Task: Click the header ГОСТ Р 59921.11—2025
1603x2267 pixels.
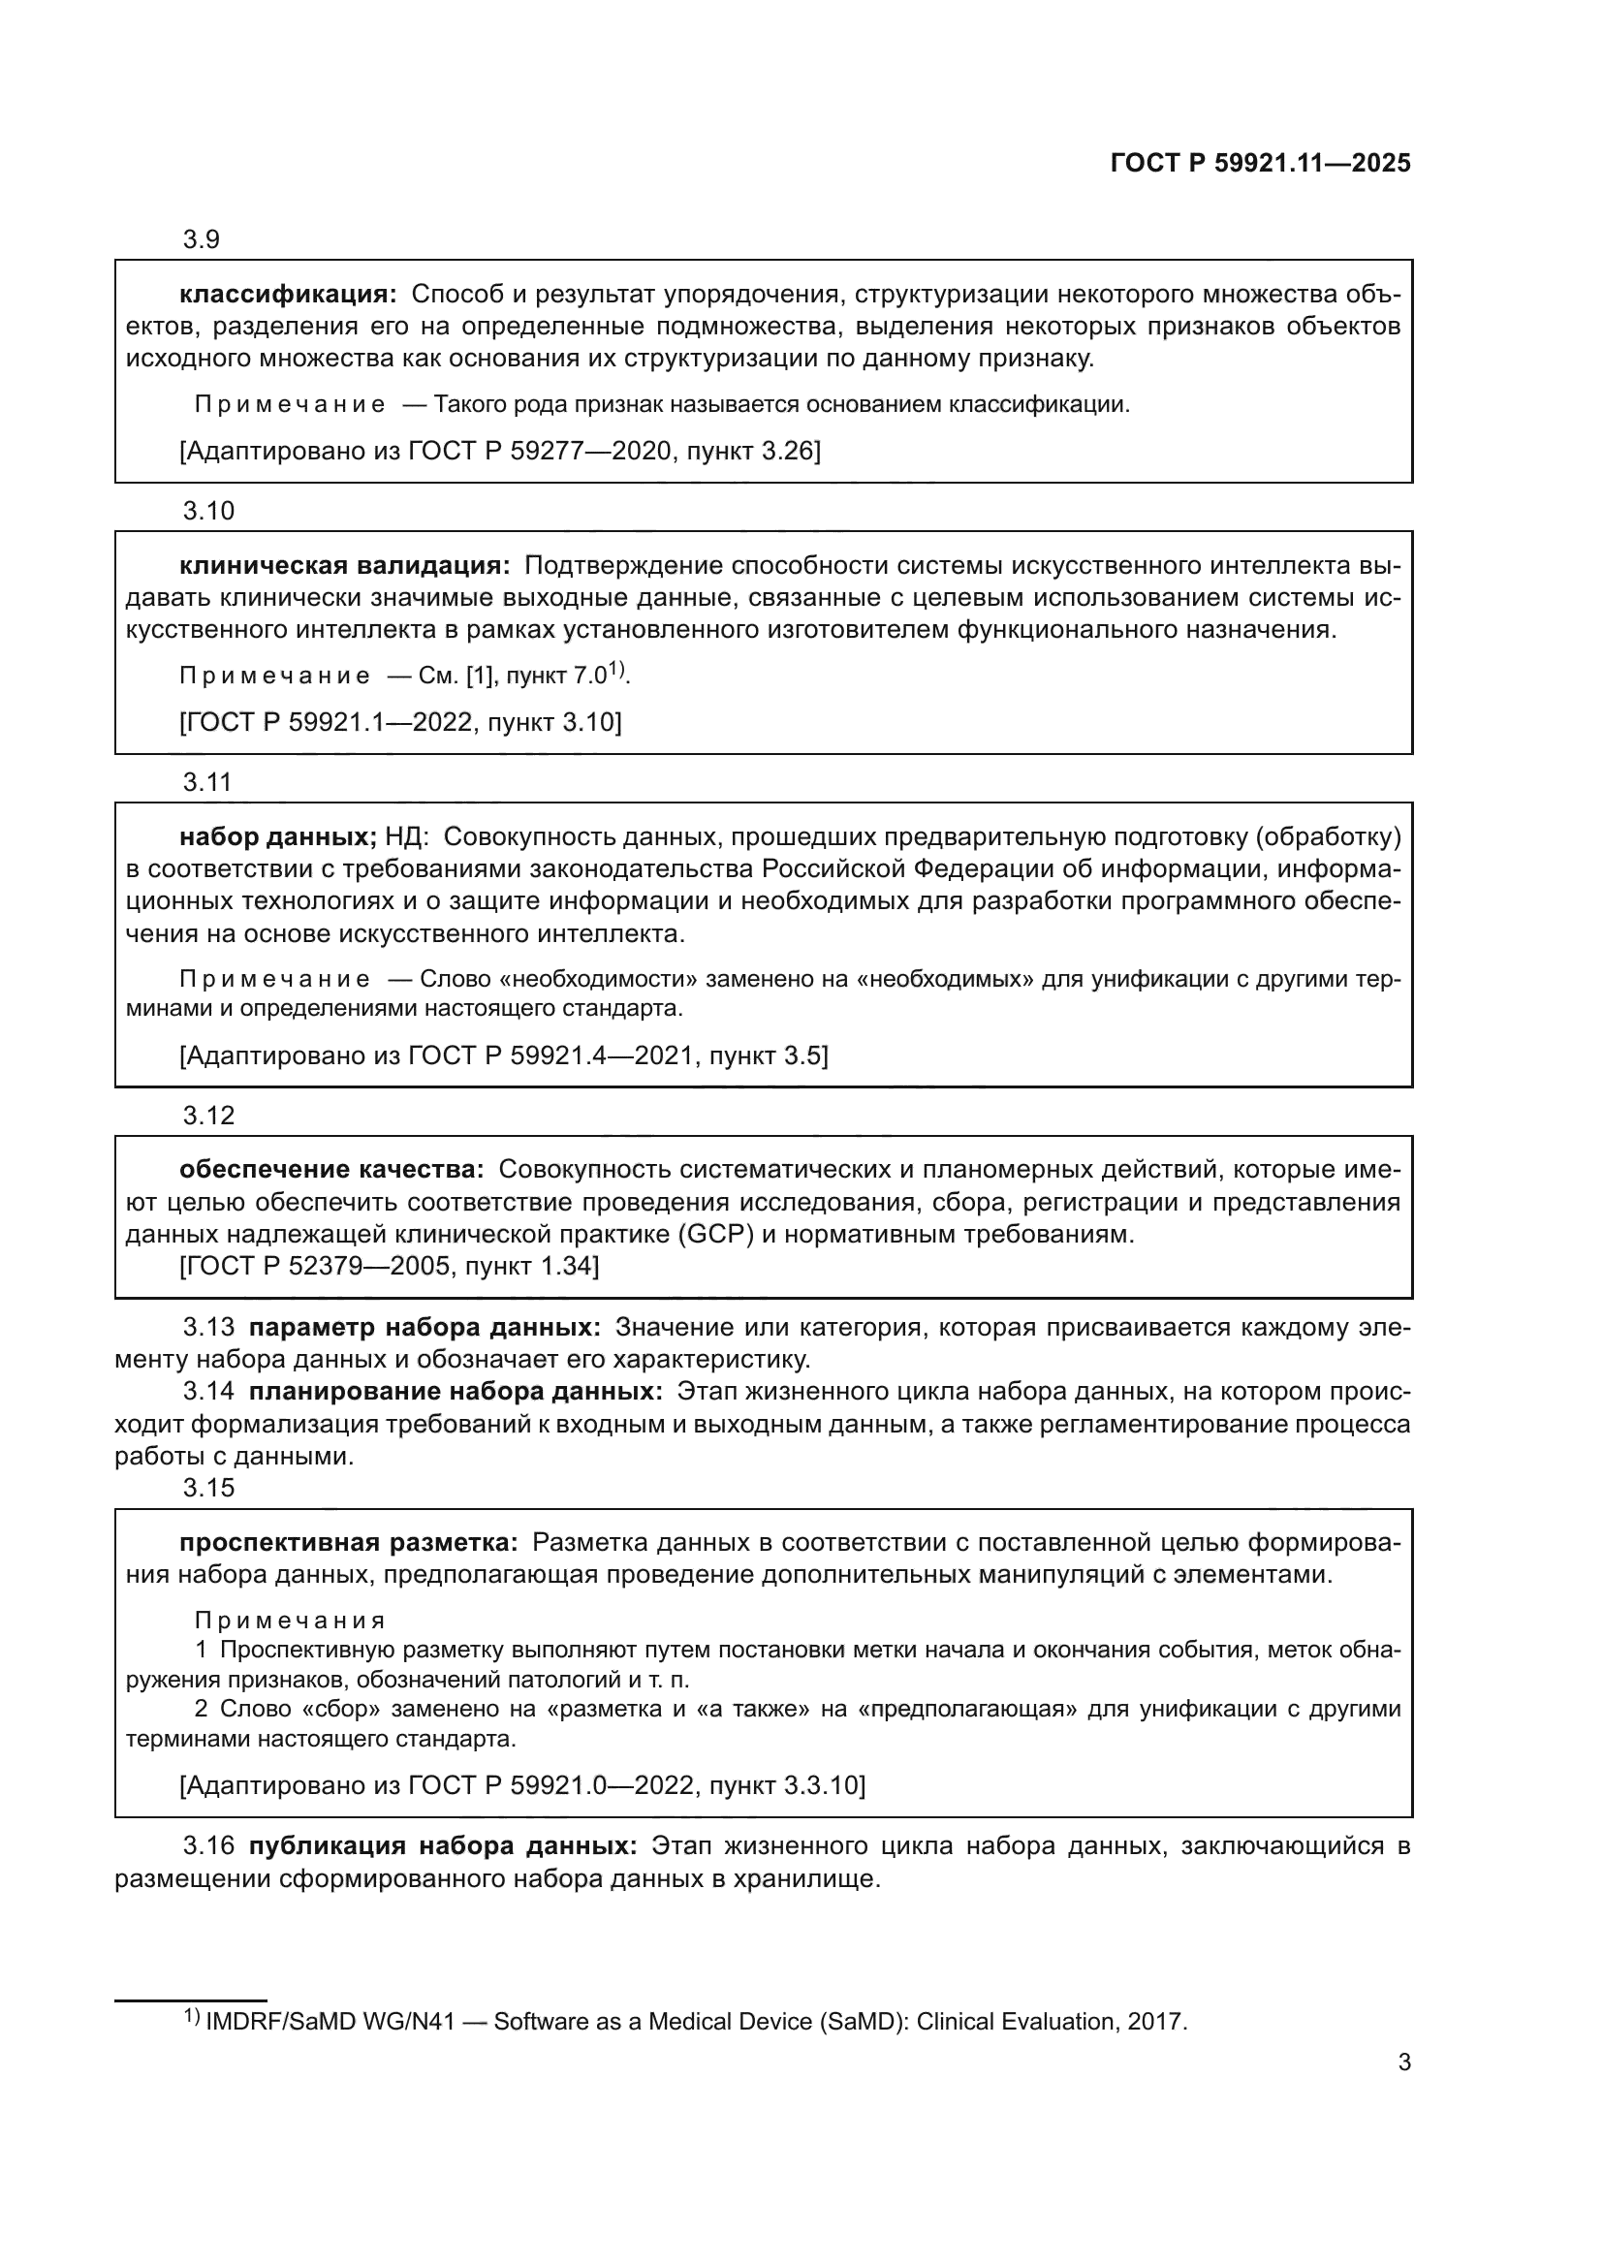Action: (1260, 164)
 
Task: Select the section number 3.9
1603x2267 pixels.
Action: (201, 240)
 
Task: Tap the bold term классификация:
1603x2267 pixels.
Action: (287, 295)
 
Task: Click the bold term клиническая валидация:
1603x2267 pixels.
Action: (344, 566)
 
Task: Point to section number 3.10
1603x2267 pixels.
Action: (208, 512)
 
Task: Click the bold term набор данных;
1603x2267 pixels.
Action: (277, 837)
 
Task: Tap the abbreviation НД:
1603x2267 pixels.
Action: (406, 837)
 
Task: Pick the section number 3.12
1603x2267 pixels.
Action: (208, 1116)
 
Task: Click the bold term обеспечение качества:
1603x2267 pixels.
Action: (330, 1170)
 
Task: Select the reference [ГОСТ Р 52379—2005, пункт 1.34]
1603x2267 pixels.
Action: (389, 1266)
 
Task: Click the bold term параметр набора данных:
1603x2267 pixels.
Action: (424, 1327)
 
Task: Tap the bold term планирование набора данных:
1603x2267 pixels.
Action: (456, 1391)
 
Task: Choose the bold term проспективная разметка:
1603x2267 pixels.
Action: (348, 1542)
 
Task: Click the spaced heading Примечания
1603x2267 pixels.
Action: (289, 1621)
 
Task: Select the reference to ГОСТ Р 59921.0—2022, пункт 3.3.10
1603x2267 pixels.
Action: (522, 1785)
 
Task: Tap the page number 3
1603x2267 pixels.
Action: (1403, 2062)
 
